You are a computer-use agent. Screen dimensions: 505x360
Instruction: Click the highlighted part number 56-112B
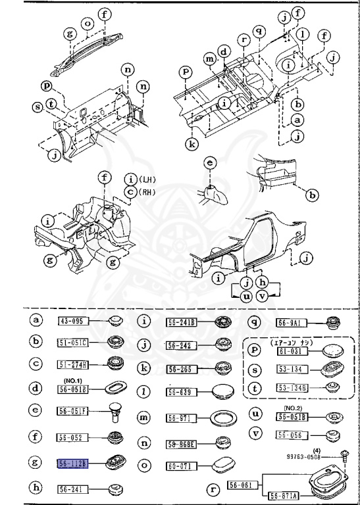click(73, 464)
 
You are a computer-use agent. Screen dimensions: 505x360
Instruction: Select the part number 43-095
click(73, 322)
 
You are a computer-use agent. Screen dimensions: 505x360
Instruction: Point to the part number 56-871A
click(282, 495)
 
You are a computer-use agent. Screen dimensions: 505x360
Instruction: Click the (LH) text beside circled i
click(147, 180)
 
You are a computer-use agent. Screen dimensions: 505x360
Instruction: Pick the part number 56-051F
click(73, 413)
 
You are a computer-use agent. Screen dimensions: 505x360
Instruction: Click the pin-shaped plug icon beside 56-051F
click(116, 412)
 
